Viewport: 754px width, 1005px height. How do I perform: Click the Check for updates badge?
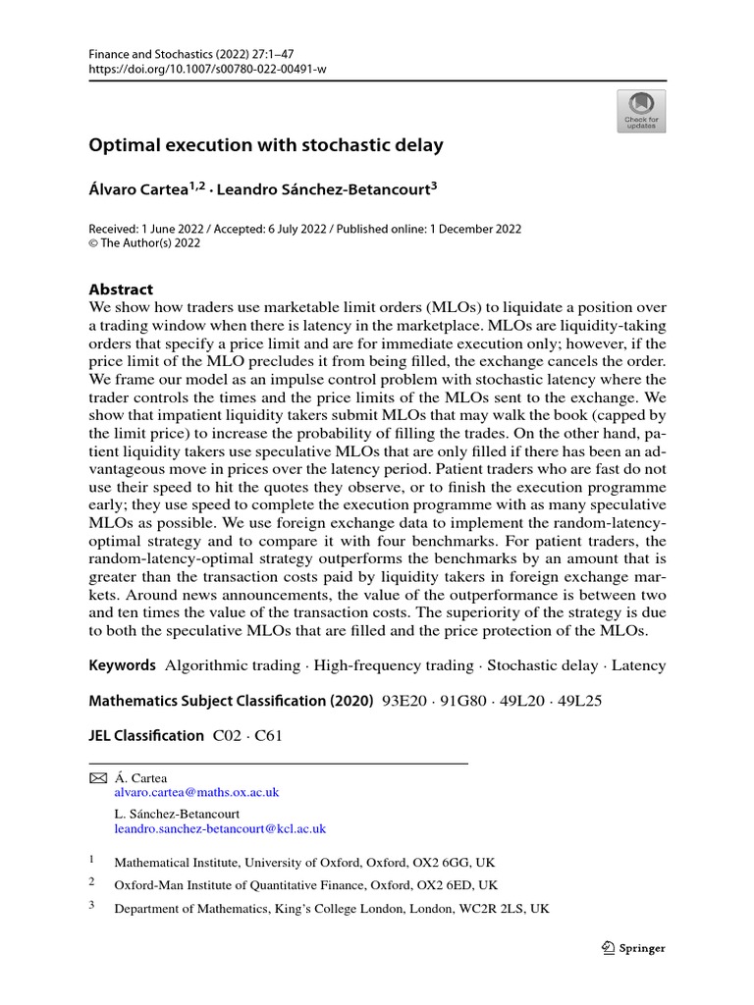coord(640,111)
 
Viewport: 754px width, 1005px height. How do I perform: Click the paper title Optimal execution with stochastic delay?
coord(266,145)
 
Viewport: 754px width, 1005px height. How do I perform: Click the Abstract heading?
coord(121,290)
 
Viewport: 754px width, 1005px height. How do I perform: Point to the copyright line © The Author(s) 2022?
coord(144,243)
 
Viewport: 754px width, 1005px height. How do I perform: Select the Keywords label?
coord(122,665)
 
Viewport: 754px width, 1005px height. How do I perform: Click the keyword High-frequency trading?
coord(392,665)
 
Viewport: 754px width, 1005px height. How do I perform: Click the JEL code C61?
coord(269,735)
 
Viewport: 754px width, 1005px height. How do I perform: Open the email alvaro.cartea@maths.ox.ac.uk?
coord(196,792)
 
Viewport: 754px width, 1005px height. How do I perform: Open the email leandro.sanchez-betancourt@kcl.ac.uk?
coord(220,828)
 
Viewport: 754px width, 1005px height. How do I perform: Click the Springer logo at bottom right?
coord(632,948)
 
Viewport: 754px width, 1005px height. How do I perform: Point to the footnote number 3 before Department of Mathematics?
coord(92,907)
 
